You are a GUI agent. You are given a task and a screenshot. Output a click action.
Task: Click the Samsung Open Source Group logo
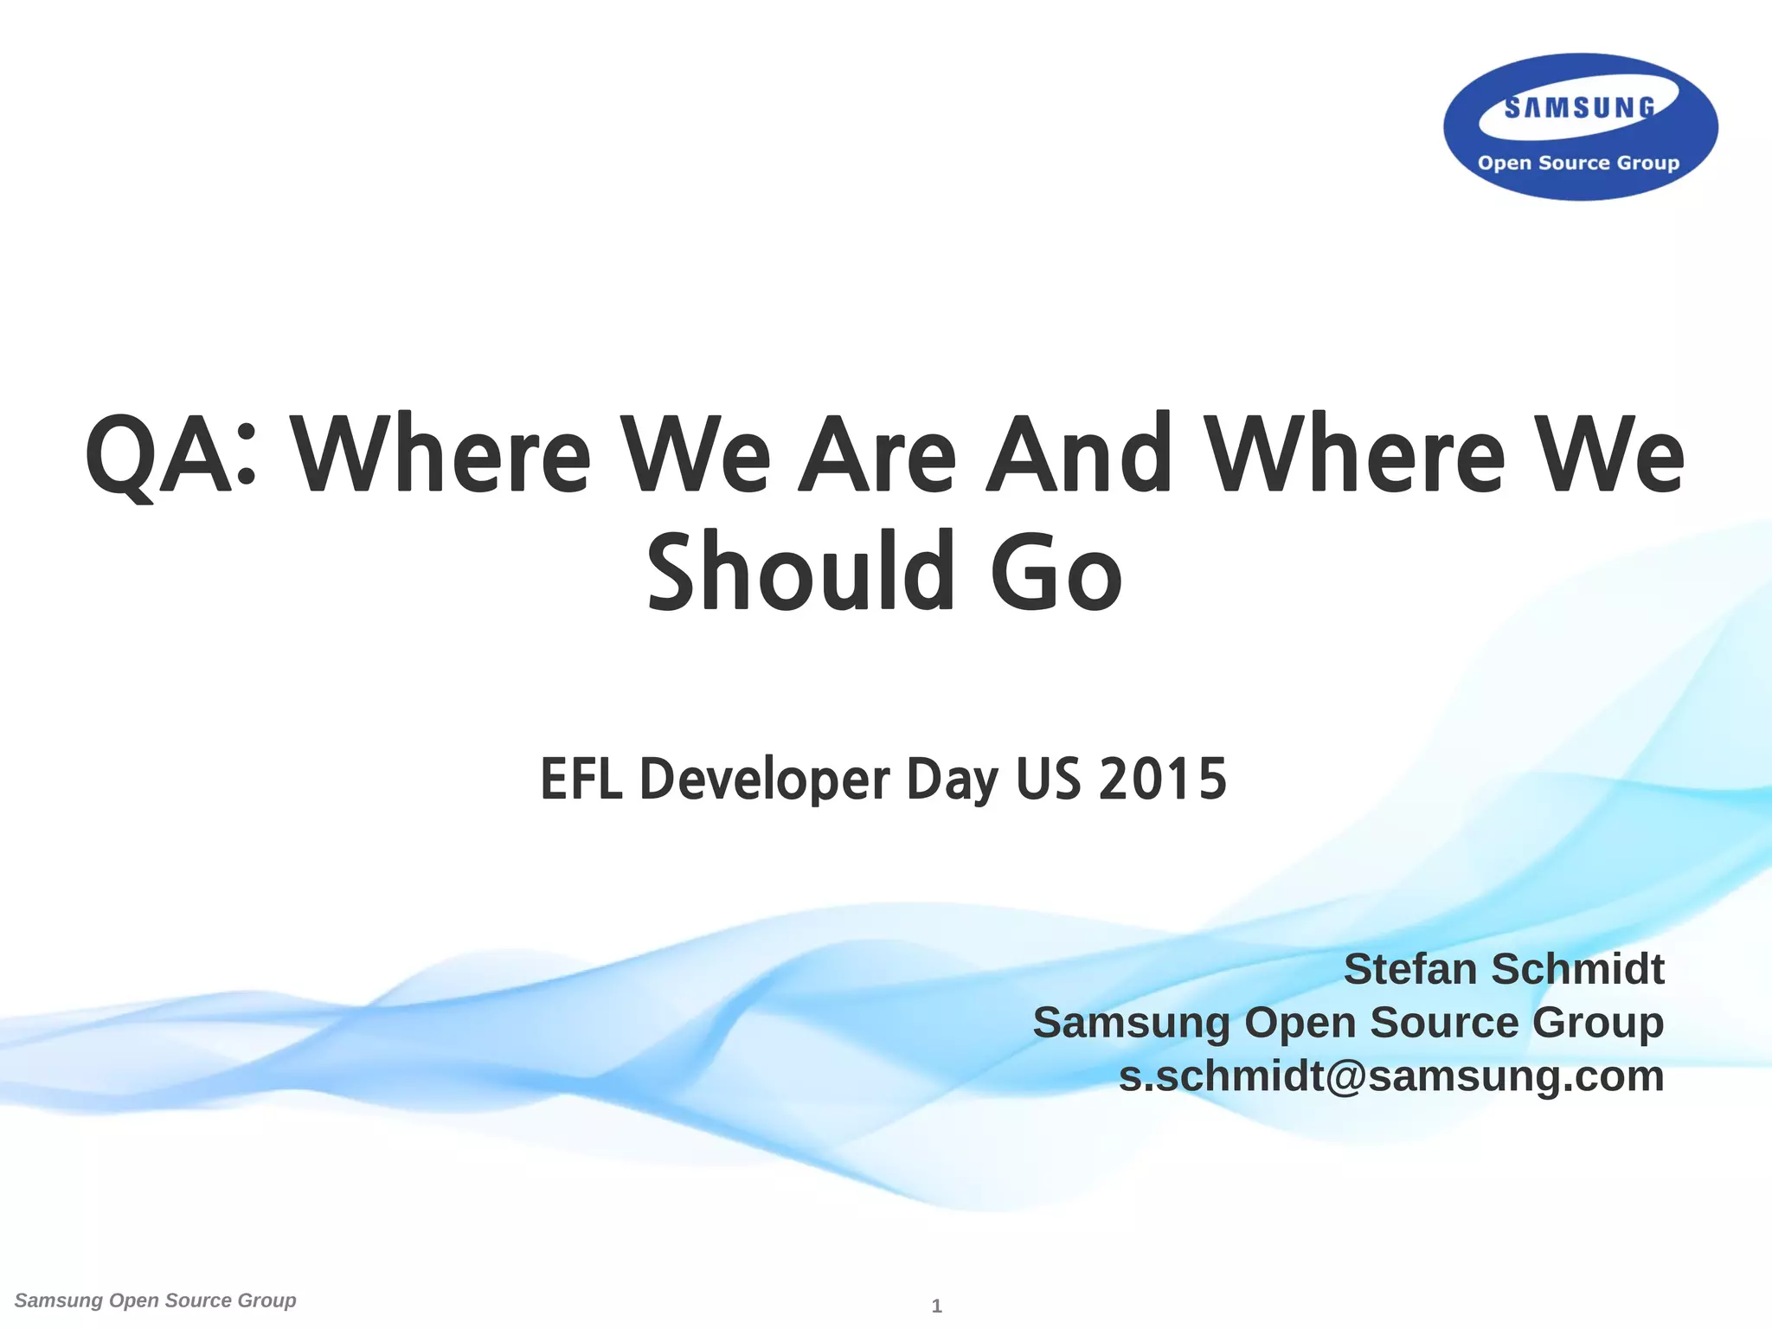click(x=1580, y=127)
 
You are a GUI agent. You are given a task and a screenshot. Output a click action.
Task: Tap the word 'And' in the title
click(x=1079, y=455)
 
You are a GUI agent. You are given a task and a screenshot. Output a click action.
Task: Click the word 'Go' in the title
click(x=1056, y=572)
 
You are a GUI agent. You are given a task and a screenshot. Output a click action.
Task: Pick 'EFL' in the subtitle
click(x=581, y=779)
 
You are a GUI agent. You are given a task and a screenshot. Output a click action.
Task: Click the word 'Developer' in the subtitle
click(x=765, y=779)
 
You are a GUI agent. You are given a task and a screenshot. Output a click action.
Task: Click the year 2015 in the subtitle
click(x=1163, y=779)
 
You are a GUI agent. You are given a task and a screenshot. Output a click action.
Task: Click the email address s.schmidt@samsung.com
click(x=1391, y=1076)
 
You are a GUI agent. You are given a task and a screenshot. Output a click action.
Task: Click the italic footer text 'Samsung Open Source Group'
click(x=156, y=1300)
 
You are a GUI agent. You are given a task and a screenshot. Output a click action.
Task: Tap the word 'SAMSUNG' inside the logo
click(x=1580, y=108)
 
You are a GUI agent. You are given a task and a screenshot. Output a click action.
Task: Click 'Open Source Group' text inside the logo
click(x=1578, y=163)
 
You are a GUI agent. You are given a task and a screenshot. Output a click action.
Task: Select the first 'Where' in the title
click(x=440, y=455)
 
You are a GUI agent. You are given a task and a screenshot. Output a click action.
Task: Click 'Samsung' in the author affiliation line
click(x=1131, y=1023)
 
